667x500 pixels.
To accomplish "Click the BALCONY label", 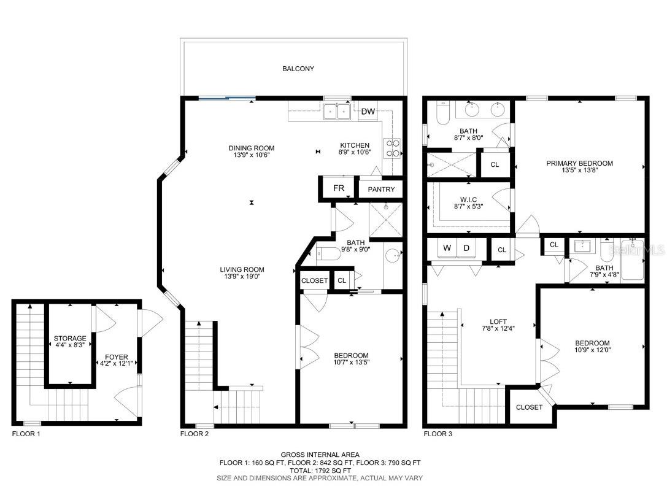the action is [298, 69].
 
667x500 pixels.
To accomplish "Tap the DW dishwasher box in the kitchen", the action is [368, 112].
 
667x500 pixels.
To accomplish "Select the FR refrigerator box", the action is [339, 188].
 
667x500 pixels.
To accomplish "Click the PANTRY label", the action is [381, 189].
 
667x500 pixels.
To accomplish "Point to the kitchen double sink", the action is [337, 112].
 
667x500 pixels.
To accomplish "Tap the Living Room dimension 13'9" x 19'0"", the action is [242, 276].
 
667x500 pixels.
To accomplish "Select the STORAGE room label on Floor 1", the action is [70, 339].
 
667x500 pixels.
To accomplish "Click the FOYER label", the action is [117, 357].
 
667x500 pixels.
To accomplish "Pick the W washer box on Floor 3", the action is [447, 248].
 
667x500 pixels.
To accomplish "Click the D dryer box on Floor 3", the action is [466, 248].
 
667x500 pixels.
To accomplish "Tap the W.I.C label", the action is [468, 199].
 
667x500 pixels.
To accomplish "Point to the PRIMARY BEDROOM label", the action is [579, 163].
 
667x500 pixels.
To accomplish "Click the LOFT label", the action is [498, 322].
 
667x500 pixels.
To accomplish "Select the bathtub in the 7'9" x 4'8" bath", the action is [633, 260].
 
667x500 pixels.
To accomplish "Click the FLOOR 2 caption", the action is [195, 434].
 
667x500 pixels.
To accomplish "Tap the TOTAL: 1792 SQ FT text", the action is [320, 470].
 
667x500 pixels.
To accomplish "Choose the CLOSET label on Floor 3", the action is [529, 407].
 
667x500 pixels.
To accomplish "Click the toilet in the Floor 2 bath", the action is [328, 254].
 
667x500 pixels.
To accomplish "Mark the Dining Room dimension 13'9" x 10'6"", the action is [252, 155].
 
